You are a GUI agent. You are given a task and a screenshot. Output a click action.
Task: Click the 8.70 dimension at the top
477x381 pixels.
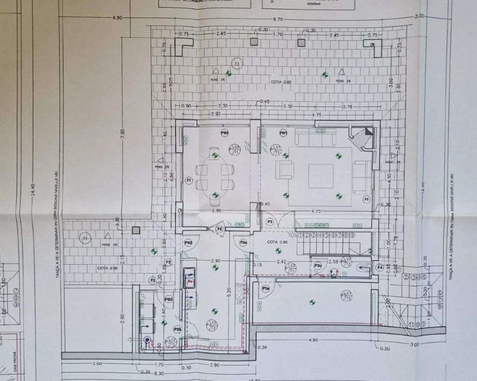277,19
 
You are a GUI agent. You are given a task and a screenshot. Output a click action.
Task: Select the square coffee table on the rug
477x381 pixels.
321,176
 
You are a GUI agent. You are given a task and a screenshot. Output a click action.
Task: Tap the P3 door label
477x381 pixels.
270,221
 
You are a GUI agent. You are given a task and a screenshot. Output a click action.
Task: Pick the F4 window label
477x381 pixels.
380,267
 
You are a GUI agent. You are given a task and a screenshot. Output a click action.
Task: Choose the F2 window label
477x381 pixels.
168,262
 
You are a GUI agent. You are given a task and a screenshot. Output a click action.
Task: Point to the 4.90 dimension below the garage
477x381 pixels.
313,340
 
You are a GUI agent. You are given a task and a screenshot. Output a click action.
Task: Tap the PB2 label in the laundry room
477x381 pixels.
168,299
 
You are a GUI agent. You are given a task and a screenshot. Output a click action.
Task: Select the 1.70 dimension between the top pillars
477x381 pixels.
278,35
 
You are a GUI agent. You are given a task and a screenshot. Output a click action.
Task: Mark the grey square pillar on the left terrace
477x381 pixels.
136,230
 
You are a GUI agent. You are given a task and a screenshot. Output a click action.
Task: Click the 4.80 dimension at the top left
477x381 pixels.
117,18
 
